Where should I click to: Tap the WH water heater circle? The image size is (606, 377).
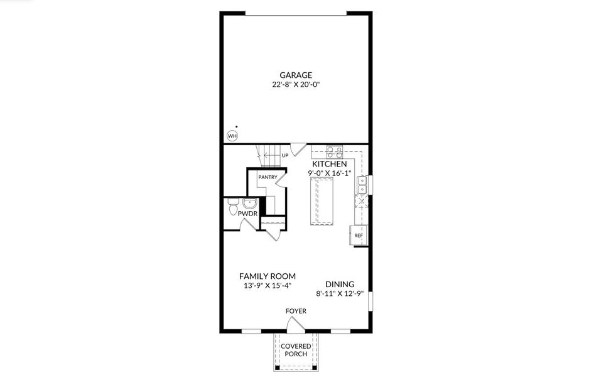pos(232,136)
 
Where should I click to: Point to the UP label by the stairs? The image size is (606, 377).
pos(284,155)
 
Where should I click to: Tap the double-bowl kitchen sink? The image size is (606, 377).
pos(362,185)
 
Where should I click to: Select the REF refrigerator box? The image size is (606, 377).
pos(359,236)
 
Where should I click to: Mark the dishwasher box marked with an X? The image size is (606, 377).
pos(361,202)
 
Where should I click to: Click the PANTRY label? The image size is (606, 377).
pos(268,177)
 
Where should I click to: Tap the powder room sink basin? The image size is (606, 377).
pos(249,203)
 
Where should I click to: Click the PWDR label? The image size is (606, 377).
pos(247,214)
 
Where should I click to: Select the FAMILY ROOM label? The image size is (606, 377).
pos(267,276)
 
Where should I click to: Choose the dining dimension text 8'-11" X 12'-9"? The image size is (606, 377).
pos(340,293)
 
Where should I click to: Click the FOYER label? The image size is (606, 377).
pos(296,310)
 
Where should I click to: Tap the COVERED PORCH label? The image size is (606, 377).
pos(296,350)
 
